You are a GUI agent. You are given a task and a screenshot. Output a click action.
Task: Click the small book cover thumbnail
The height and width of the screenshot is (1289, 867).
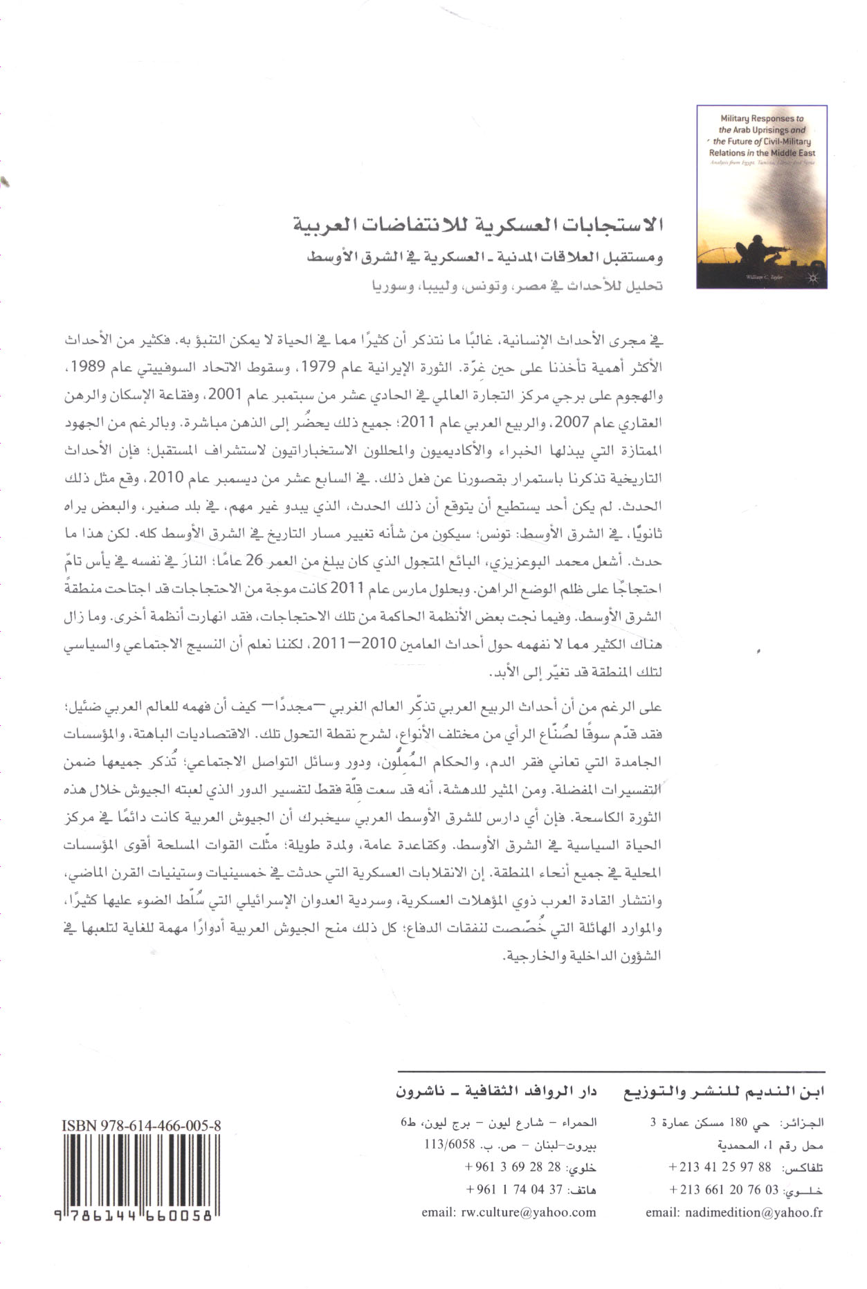[762, 196]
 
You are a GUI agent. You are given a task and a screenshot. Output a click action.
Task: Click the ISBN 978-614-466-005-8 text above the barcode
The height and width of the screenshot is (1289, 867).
[141, 1126]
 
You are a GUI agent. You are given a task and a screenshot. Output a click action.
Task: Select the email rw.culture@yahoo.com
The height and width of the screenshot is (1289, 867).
[509, 1212]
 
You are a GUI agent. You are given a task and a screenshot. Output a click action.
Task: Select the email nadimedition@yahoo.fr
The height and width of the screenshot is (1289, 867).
[734, 1212]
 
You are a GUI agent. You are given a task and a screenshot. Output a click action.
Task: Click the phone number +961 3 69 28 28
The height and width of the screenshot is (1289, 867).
[513, 1167]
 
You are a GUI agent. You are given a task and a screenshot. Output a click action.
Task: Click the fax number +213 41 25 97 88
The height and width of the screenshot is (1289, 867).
[720, 1167]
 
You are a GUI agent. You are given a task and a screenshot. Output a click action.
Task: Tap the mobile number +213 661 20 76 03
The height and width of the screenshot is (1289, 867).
[724, 1190]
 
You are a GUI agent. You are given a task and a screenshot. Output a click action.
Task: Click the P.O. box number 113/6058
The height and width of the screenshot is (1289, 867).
[450, 1144]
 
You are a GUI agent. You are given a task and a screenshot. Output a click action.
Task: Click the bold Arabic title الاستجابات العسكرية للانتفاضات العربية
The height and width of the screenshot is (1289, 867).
[477, 225]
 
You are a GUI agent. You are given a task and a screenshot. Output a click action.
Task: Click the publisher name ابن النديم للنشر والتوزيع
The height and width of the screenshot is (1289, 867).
[724, 1092]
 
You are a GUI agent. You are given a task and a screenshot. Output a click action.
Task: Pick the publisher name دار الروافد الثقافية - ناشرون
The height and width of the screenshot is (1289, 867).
[496, 1092]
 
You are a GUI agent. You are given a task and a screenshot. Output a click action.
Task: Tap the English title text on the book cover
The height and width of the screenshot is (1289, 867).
[762, 136]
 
